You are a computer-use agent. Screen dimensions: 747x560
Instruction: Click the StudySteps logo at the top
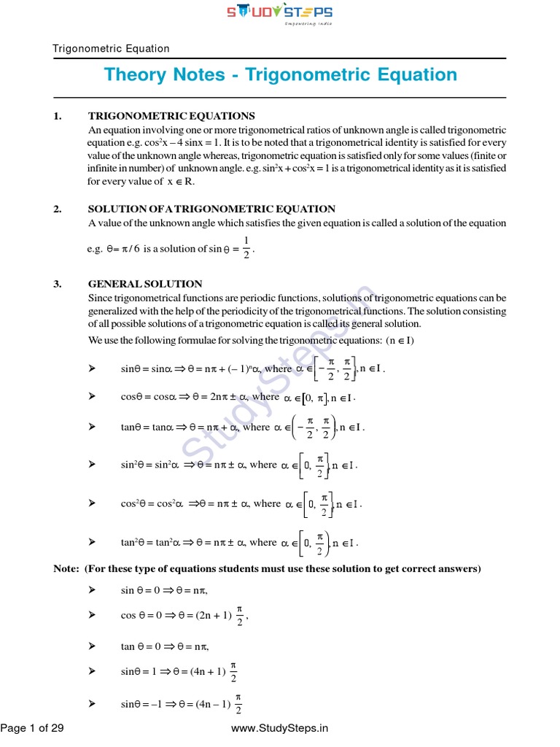pos(280,14)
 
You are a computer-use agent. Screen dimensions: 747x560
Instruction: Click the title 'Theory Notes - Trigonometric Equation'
pos(280,75)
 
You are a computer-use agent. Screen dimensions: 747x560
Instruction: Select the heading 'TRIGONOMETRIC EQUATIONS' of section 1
pos(171,116)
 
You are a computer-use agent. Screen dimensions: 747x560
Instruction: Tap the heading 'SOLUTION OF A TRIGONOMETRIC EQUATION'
pos(211,209)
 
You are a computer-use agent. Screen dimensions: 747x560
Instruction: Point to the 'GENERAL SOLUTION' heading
pos(145,284)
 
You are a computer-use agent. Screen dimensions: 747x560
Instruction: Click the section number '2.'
pos(58,209)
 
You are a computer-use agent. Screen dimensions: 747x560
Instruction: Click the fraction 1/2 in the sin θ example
pos(246,249)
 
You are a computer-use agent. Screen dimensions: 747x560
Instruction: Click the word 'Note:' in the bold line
pos(67,568)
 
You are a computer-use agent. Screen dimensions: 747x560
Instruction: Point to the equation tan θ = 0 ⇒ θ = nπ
pos(166,646)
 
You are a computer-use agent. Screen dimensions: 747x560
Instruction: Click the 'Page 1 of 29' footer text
pos(32,728)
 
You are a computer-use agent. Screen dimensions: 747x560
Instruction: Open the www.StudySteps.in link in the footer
pos(279,728)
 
